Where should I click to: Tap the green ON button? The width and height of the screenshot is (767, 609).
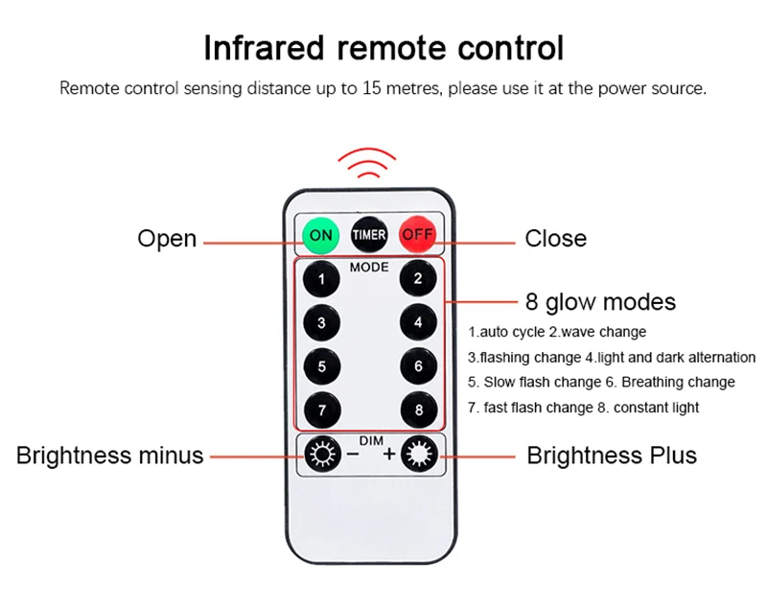(321, 234)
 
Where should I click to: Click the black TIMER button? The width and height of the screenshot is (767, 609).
(369, 234)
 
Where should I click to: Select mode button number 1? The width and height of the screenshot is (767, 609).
(322, 280)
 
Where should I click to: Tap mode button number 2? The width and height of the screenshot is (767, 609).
(418, 279)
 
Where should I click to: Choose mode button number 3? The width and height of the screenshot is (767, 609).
(322, 323)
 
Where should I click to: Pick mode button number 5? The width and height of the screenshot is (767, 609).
(322, 365)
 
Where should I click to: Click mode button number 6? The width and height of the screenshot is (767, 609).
(418, 365)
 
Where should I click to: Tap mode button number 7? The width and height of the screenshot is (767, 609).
(322, 410)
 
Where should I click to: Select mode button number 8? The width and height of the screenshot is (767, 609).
(418, 410)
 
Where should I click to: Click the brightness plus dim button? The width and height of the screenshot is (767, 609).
(419, 454)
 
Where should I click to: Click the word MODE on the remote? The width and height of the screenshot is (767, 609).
(369, 267)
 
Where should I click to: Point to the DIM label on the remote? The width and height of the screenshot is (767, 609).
(370, 440)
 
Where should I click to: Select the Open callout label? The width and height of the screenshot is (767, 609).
(167, 238)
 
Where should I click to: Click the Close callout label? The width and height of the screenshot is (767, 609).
(555, 238)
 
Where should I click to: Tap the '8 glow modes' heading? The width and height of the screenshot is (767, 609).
(600, 302)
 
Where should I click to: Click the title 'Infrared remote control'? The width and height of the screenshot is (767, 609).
(383, 47)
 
